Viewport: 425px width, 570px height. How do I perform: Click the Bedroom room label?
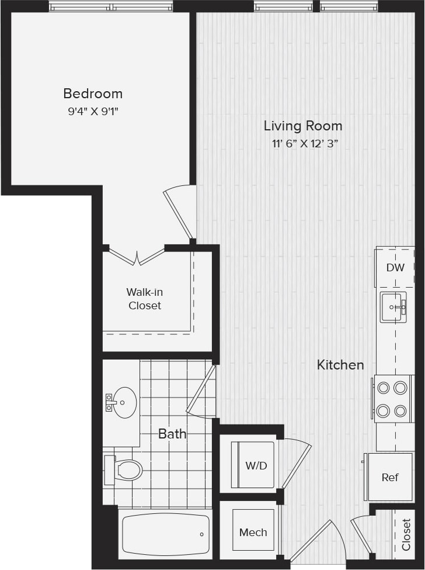93,94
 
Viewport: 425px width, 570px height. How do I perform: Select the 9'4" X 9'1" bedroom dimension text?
93,110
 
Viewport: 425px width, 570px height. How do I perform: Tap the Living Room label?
302,126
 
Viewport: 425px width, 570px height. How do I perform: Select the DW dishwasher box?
395,267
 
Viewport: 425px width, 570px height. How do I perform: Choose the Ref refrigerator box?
389,477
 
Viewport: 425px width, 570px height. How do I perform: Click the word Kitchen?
340,365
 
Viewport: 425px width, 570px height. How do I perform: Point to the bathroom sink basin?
124,402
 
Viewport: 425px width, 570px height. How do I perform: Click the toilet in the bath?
124,469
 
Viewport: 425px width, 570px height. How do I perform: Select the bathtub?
165,534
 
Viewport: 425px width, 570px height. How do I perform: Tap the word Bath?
172,434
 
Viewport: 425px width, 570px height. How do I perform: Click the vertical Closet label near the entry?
406,535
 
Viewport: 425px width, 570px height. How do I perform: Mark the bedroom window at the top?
111,8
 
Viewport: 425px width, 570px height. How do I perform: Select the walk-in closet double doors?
137,255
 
